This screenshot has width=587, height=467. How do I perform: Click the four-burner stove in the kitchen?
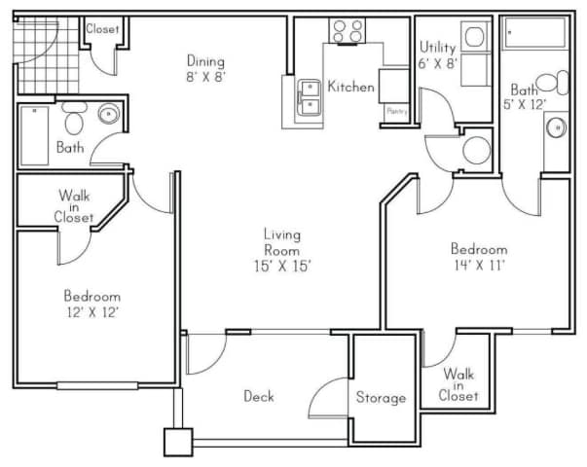348,31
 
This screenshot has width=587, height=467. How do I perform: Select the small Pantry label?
397,112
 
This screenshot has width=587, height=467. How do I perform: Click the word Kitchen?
350,87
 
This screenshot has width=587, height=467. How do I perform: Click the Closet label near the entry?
102,29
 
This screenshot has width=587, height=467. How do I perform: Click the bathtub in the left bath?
35,137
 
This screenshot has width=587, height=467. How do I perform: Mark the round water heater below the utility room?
476,150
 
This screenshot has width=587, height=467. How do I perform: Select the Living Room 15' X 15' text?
282,249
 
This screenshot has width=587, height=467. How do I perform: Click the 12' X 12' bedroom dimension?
92,312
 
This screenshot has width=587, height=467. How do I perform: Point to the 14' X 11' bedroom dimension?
479,264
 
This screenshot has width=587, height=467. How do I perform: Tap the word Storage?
380,398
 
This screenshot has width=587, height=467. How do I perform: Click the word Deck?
258,396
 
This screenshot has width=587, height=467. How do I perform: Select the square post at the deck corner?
178,442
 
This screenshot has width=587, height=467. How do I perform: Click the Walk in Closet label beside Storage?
459,384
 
